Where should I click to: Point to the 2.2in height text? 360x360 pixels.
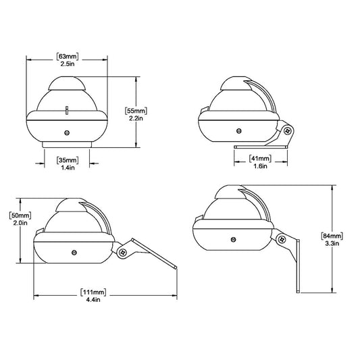pos(137,117)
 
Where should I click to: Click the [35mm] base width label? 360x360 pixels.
pos(68,159)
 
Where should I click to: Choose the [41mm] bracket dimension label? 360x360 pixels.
pos(260,159)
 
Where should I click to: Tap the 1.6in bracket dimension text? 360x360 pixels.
pos(260,166)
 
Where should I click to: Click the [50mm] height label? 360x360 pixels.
pos(20,215)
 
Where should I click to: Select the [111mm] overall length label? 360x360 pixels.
pos(92,292)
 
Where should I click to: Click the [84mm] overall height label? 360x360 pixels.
pos(333,236)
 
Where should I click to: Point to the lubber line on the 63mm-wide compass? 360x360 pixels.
pos(68,108)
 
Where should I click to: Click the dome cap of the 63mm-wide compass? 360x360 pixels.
pos(68,84)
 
